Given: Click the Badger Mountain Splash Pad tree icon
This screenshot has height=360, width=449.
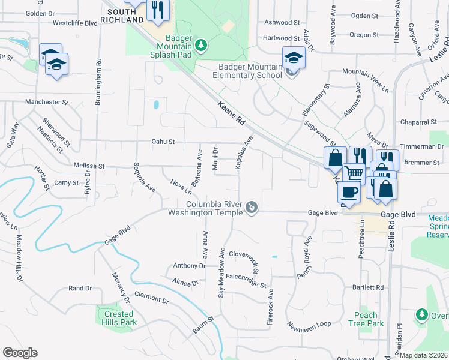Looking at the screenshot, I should pos(202,44).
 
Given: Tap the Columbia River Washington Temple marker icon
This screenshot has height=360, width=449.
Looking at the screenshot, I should pos(253,208).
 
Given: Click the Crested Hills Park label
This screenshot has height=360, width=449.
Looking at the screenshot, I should pos(119,318).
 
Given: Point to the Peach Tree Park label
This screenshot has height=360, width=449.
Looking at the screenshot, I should pos(366,319).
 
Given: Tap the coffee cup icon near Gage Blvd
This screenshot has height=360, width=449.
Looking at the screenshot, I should pos(348,193).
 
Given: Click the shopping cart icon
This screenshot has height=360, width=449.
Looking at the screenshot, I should pos(354,173).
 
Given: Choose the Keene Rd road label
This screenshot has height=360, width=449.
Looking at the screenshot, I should pos(232,112).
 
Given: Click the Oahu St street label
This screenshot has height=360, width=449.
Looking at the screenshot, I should pos(163,142).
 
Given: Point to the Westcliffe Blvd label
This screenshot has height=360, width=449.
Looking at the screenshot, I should pos(75,23).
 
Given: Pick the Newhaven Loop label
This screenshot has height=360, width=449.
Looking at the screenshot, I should pos(309,324).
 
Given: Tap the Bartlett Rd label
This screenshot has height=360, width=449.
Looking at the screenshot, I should pos(368,287).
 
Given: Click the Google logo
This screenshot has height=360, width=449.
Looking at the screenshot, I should pos(20,353).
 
